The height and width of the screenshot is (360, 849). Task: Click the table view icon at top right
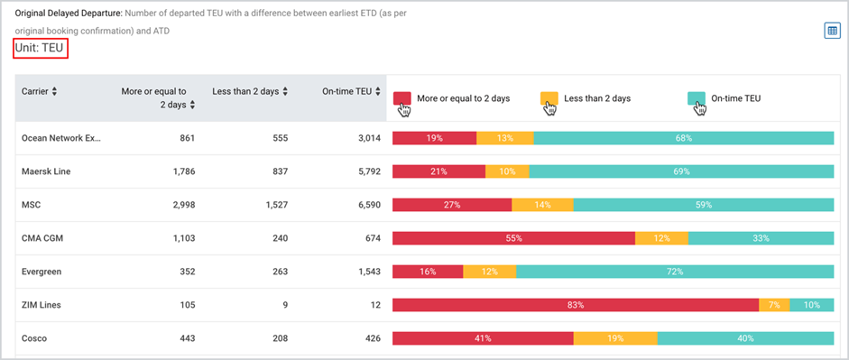click(832, 31)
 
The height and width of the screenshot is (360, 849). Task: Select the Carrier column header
click(39, 91)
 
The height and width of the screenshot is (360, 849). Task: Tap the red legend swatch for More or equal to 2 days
click(402, 98)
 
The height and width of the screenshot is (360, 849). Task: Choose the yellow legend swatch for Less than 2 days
click(549, 98)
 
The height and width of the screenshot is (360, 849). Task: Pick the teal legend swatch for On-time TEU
click(697, 98)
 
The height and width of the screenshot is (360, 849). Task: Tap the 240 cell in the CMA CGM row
click(281, 238)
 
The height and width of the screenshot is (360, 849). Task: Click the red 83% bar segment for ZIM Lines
click(576, 305)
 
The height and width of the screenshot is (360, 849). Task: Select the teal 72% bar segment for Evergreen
click(675, 272)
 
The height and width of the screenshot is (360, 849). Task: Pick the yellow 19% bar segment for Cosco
click(615, 338)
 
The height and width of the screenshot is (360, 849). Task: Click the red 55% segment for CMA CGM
click(513, 238)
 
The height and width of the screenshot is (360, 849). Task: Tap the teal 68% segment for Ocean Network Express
click(684, 138)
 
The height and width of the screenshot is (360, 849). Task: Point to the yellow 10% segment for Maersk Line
click(507, 171)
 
